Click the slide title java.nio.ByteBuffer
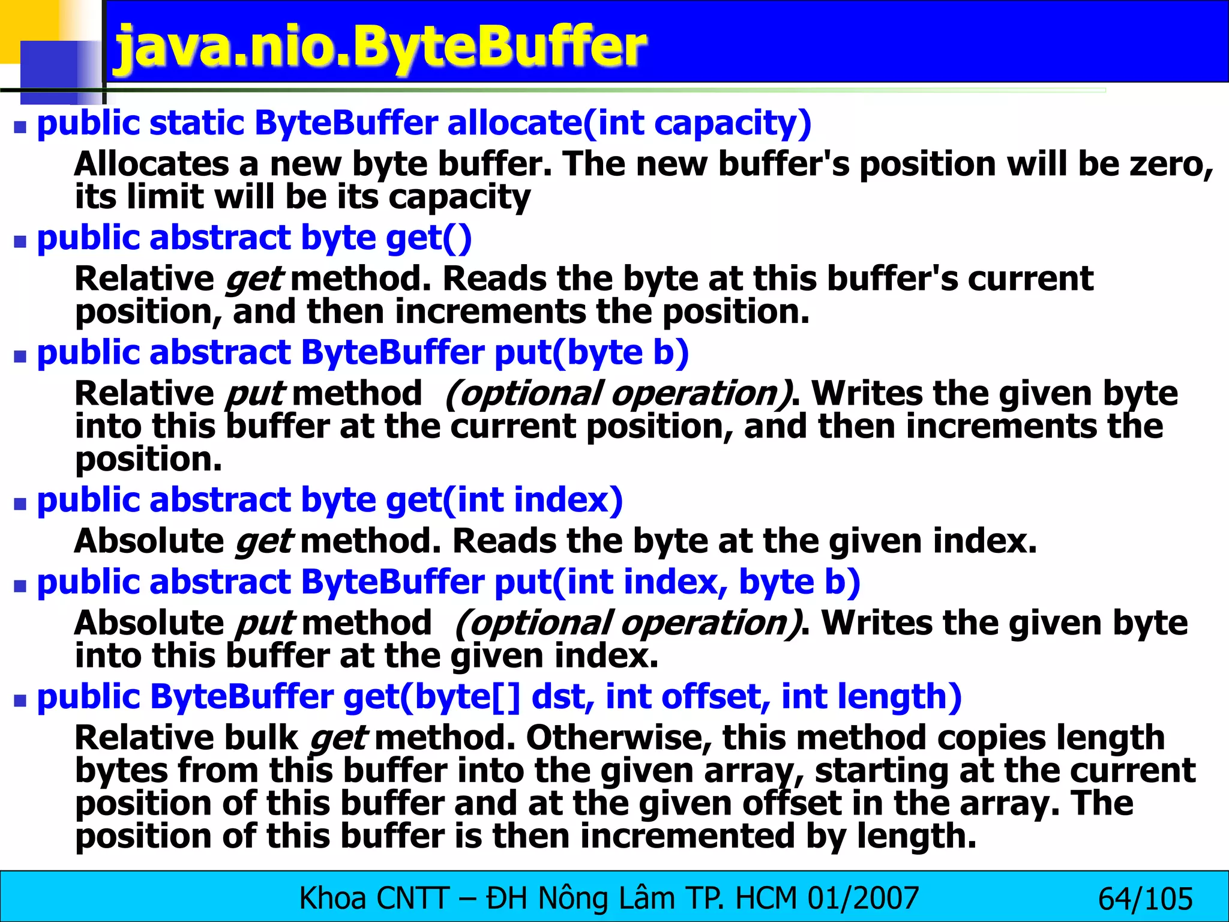coord(380,47)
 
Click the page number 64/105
coord(1145,899)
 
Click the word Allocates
coord(151,164)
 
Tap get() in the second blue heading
coord(428,238)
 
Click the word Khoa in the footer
coord(332,899)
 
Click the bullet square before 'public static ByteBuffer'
coord(21,127)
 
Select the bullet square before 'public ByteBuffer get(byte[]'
coord(21,701)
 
